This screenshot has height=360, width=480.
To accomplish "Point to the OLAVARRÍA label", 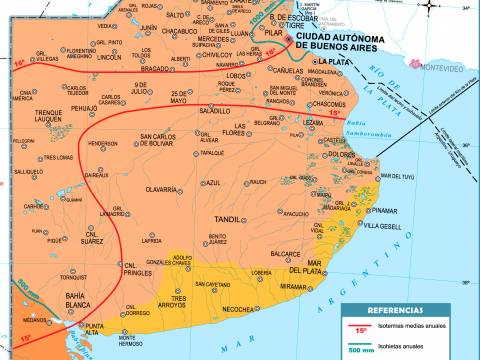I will pyautogui.click(x=137, y=188).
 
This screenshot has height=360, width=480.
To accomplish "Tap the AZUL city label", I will pyautogui.click(x=210, y=183).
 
